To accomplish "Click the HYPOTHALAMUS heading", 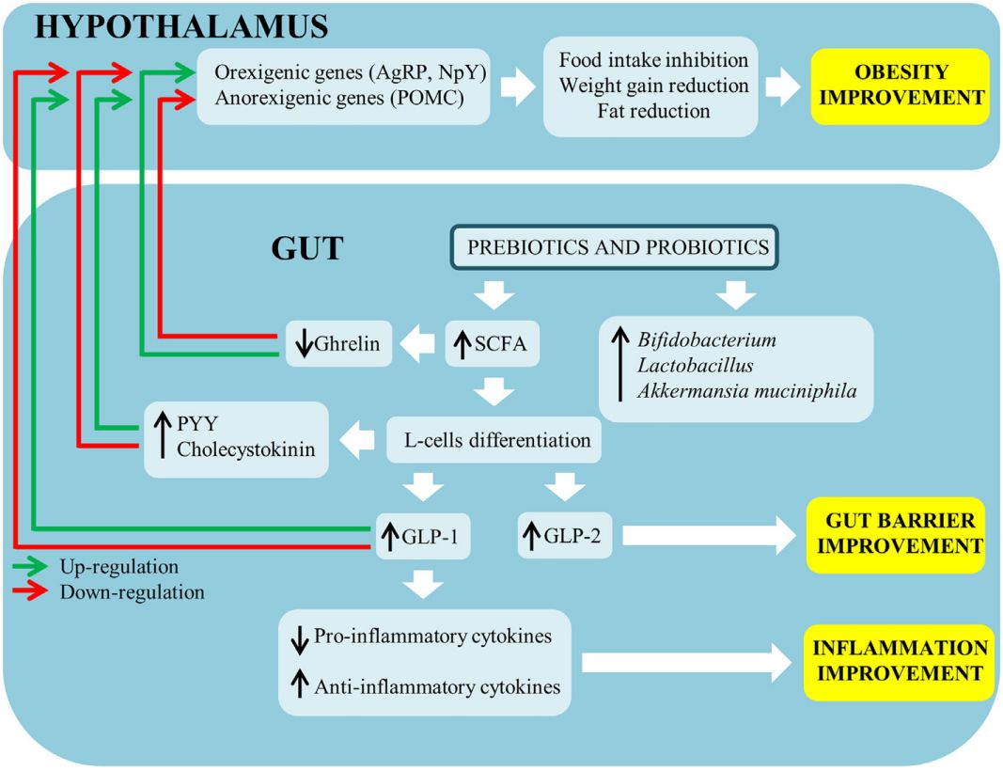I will point(180,25).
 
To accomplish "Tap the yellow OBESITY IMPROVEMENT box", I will point(901,87).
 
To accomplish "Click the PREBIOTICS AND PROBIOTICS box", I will point(617,249).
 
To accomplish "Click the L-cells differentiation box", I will point(494,439).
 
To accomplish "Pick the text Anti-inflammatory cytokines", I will point(438,686).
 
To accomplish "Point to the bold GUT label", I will point(307,248).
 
